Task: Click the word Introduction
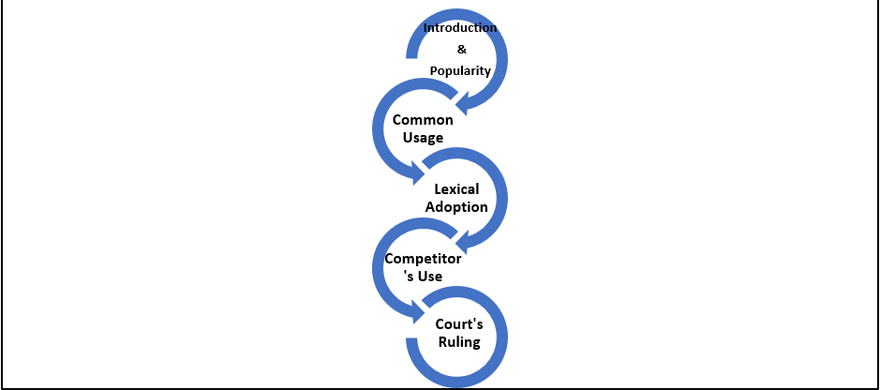point(460,28)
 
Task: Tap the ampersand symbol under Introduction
point(460,50)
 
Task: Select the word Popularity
point(460,71)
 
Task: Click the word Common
point(423,120)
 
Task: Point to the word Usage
point(423,138)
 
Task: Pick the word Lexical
point(456,189)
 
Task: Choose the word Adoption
point(456,207)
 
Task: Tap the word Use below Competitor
point(427,277)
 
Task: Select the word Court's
point(459,324)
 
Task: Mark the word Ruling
point(459,342)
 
